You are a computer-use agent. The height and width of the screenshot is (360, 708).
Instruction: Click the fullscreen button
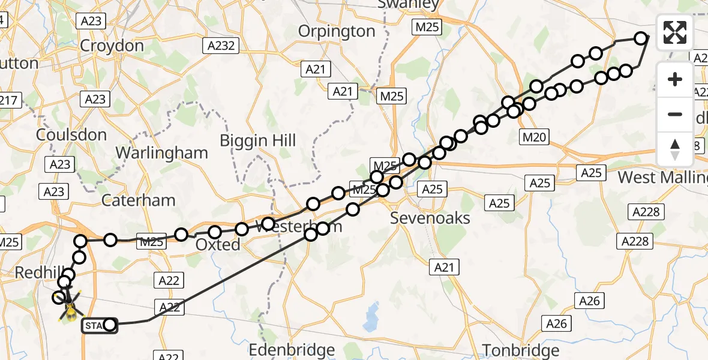[675, 32]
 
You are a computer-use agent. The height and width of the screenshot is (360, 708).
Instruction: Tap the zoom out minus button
[675, 114]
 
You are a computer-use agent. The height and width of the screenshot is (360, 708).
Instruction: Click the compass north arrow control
[675, 149]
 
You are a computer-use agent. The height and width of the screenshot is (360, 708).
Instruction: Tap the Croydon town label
[112, 46]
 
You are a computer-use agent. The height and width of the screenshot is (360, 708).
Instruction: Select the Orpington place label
[336, 31]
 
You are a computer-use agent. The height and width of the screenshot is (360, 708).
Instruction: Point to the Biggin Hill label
[258, 141]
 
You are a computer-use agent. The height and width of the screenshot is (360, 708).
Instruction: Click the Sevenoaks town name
[430, 218]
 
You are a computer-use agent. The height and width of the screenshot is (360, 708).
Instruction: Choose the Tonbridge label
[521, 350]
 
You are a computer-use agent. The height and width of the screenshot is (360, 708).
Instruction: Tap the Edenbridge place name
[292, 350]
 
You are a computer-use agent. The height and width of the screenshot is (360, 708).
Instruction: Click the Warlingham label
[161, 152]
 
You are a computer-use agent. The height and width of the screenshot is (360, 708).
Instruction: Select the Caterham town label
[139, 200]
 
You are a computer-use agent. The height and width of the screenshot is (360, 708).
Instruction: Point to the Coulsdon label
[71, 135]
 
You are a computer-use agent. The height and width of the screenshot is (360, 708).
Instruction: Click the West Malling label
[662, 178]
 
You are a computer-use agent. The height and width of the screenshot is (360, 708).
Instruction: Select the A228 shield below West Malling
[645, 211]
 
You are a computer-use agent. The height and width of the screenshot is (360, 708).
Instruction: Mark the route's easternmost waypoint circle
[641, 39]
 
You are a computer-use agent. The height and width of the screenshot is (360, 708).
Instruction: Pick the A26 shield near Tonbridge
[556, 324]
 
